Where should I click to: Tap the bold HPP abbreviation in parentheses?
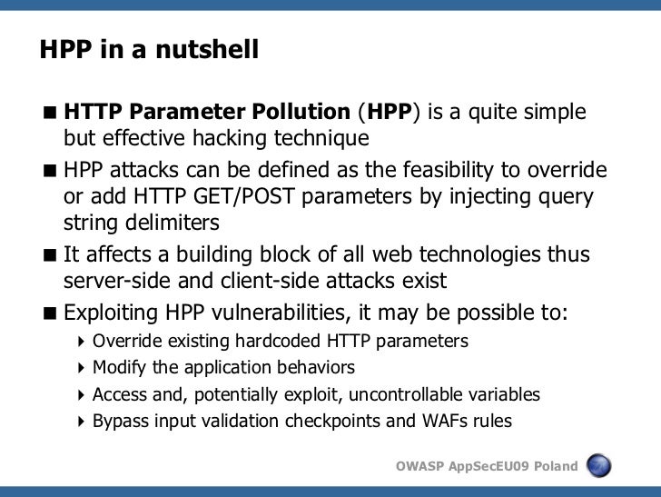pos(389,113)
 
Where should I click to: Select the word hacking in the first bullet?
pos(240,139)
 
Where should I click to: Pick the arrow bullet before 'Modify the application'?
pos(83,369)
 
